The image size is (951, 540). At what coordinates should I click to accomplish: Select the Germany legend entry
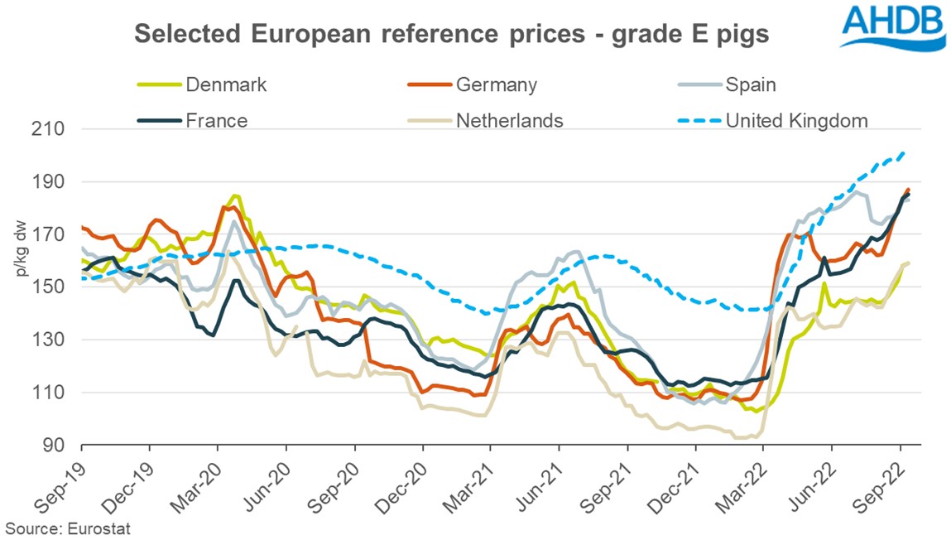[x=495, y=84]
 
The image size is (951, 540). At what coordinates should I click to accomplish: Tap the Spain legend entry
[x=751, y=84]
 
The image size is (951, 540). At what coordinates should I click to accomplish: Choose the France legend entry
[x=216, y=120]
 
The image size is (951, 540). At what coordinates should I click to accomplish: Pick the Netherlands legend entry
[x=509, y=120]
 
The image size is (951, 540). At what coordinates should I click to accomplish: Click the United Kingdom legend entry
[x=796, y=120]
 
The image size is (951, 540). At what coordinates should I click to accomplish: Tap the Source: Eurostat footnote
[x=68, y=528]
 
